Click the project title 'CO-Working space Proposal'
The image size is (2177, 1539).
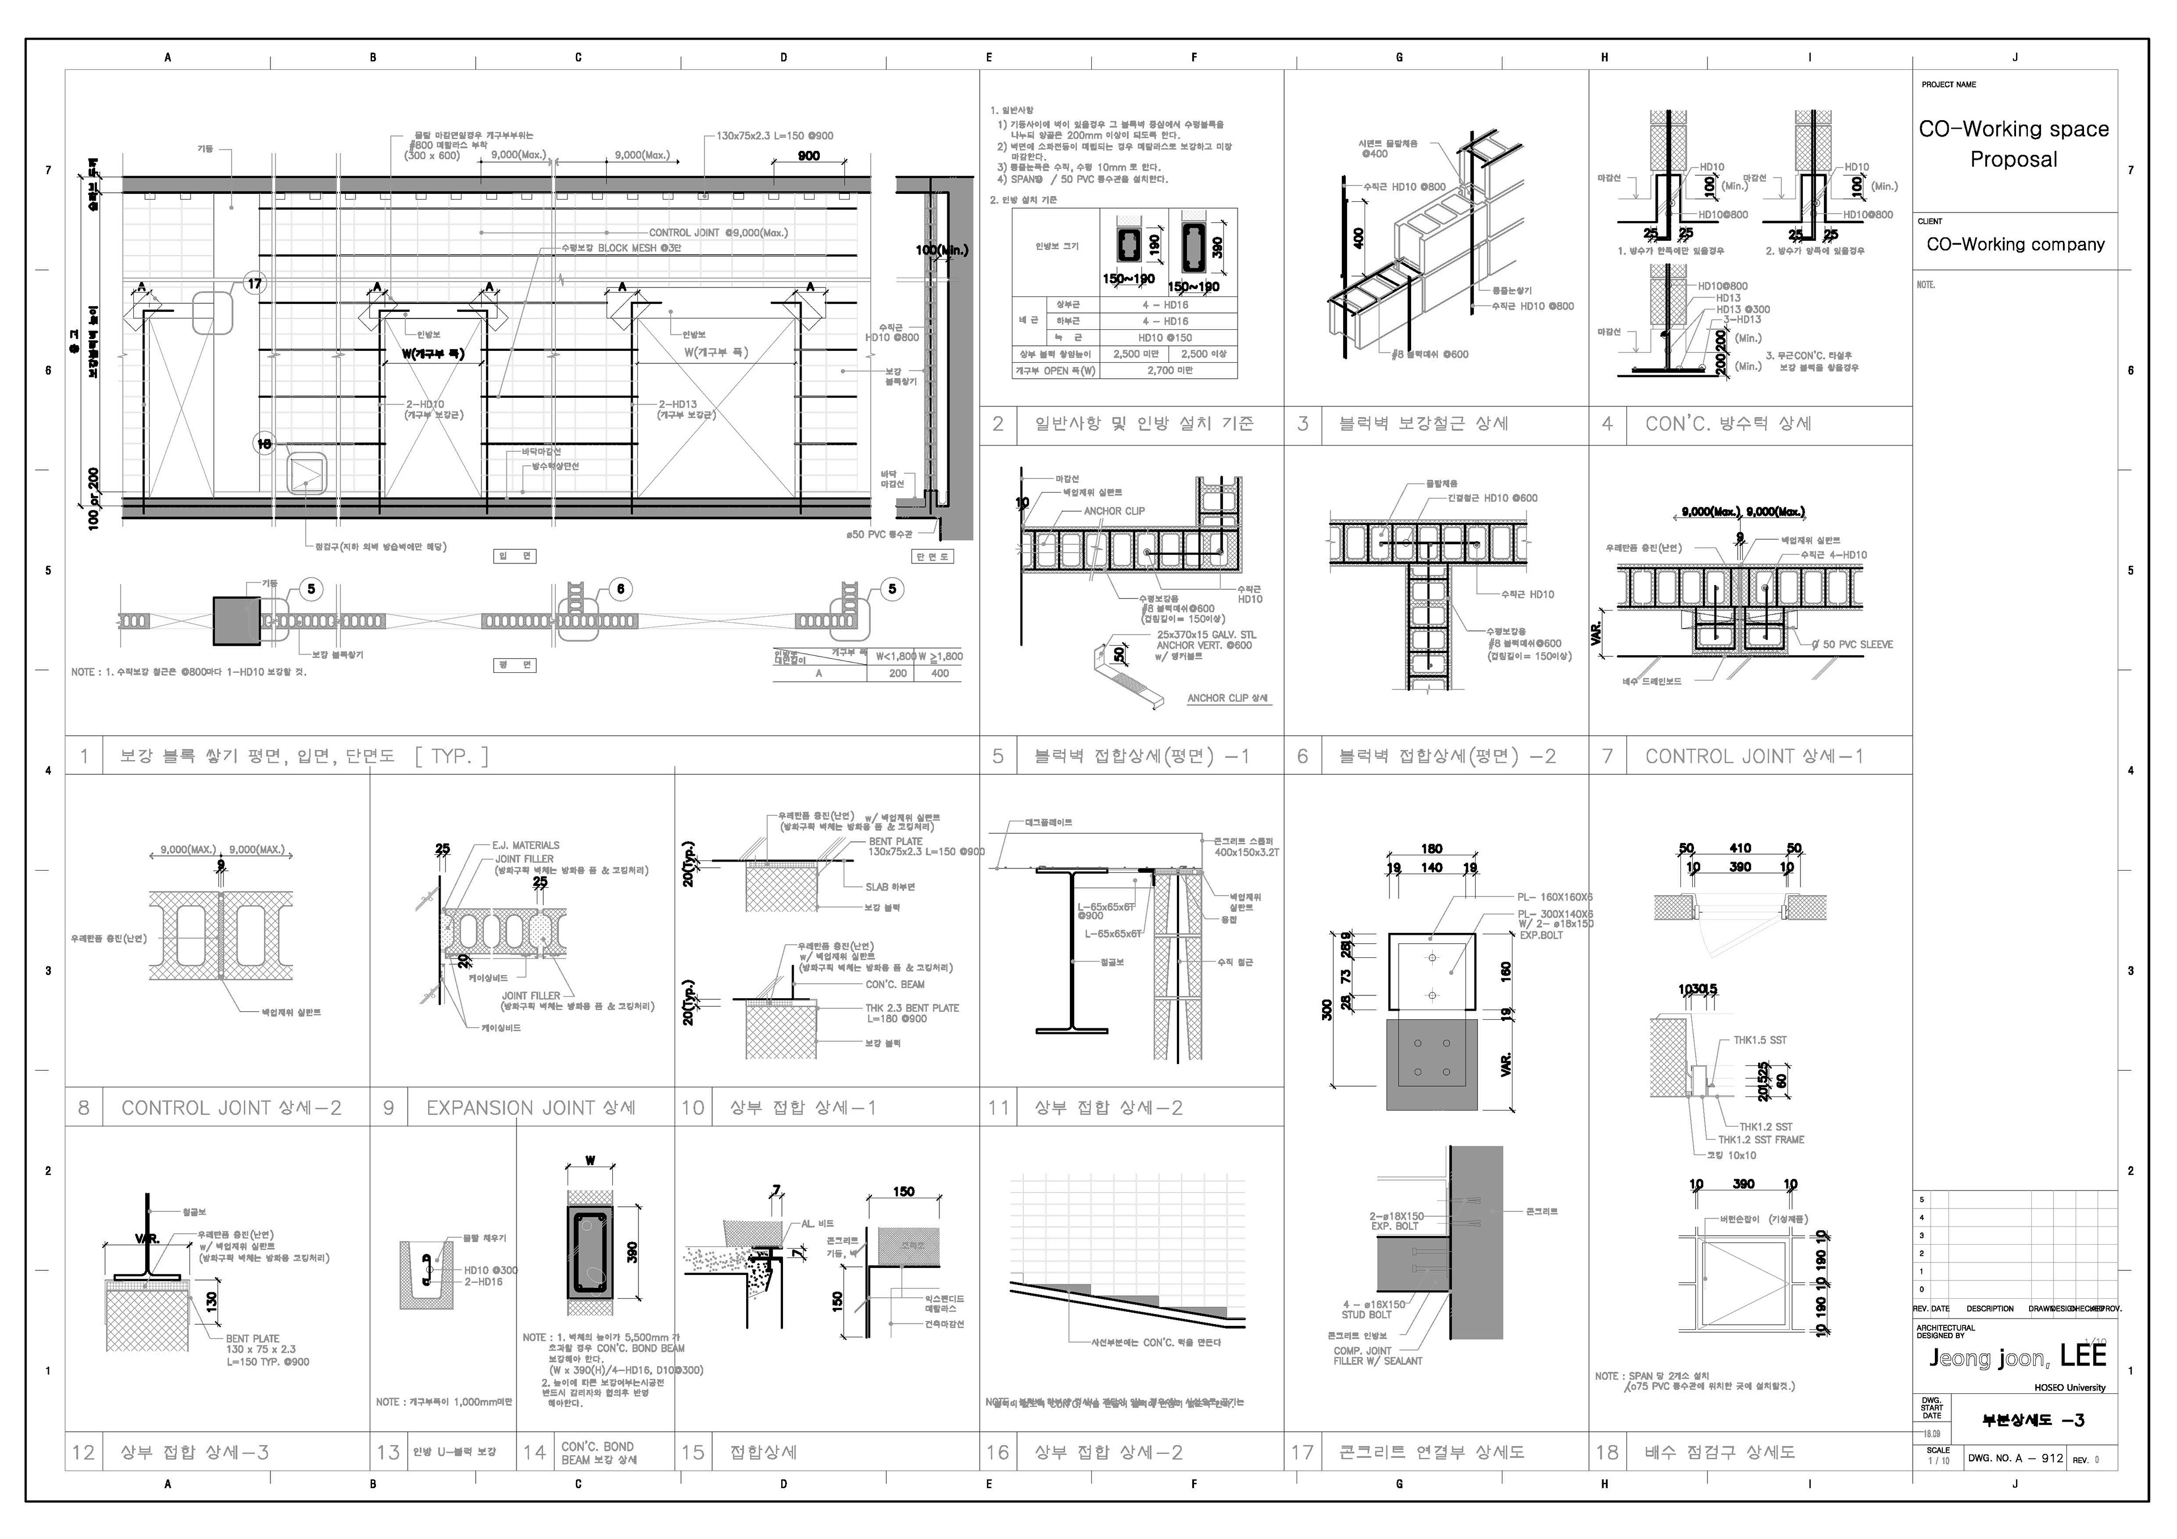pos(2013,143)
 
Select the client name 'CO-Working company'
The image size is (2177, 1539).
pos(2015,245)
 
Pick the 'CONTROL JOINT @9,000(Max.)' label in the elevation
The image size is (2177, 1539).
pos(718,232)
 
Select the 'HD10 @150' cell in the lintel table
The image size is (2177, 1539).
pos(1165,338)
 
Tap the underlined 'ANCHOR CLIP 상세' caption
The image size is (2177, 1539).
pos(1228,698)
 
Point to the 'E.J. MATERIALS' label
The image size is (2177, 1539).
pos(526,845)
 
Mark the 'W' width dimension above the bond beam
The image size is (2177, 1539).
pos(590,1161)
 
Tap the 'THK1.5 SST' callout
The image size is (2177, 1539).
pos(1760,1040)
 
